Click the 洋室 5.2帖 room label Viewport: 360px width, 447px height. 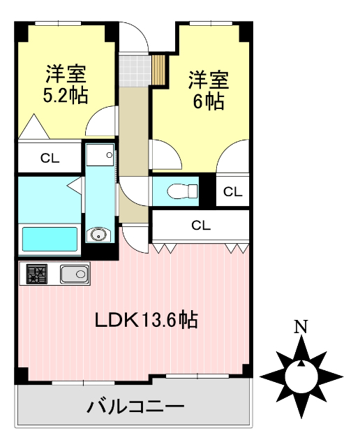click(66, 84)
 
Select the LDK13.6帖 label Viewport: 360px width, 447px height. click(147, 321)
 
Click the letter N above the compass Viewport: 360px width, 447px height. click(301, 325)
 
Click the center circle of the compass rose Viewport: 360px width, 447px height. click(301, 376)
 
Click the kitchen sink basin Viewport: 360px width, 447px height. click(73, 274)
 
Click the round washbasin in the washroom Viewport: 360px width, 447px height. click(98, 233)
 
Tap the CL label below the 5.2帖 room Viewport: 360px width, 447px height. click(50, 159)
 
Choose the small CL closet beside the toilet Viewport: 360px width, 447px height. click(233, 191)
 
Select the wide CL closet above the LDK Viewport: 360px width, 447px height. click(200, 226)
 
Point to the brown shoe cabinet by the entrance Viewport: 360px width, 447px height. click(158, 67)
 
